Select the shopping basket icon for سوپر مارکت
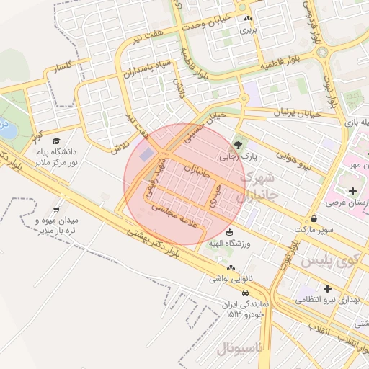coord(314,218)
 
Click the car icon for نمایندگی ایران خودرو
coord(246,293)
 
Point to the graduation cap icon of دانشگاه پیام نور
coord(56,141)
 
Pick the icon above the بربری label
coord(248,19)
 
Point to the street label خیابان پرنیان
coord(302,112)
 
